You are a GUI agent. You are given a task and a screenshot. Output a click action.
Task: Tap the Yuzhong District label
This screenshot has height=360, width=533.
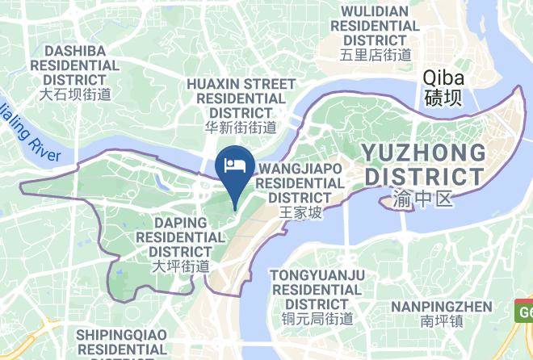tap(423, 163)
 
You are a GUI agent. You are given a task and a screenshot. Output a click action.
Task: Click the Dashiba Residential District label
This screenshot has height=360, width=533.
tap(75, 65)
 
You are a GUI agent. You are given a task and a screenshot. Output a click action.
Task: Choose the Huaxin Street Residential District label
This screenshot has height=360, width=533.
tap(241, 98)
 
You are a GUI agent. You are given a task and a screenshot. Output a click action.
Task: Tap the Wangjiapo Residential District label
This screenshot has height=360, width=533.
tap(300, 182)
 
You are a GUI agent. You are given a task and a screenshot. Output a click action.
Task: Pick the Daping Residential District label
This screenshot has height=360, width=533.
tap(180, 237)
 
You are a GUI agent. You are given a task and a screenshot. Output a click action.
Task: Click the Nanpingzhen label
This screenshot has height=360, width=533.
tap(441, 307)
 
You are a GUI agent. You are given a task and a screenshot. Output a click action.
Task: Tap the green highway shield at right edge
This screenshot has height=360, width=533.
tap(524, 310)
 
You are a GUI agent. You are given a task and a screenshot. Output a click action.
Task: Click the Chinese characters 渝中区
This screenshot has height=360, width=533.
tap(424, 199)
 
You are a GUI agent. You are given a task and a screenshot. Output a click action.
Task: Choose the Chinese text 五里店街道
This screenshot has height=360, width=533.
tap(376, 55)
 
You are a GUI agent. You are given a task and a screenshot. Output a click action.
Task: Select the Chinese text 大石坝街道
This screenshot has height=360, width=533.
tap(75, 94)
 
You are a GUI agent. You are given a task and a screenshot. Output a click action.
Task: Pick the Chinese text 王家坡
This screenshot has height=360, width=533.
tap(300, 213)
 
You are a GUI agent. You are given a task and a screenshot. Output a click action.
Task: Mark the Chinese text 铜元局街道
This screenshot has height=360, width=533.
tap(317, 318)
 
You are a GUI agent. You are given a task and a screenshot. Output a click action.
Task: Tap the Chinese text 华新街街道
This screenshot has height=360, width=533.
tap(241, 128)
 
